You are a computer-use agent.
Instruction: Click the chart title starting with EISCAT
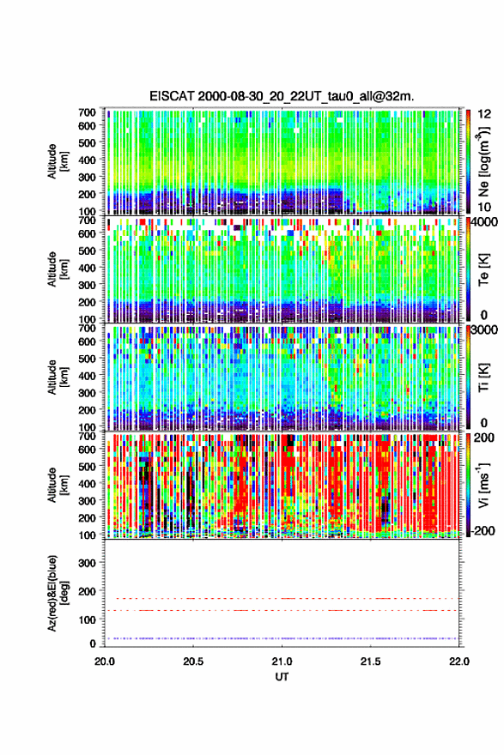[x=282, y=96]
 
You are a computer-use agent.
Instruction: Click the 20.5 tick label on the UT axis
[x=193, y=661]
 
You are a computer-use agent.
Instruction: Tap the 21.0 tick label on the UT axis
[x=282, y=661]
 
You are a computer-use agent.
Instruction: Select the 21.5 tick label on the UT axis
[x=371, y=661]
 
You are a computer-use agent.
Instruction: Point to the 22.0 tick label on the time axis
[x=458, y=661]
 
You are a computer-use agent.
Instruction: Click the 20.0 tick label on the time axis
[x=105, y=661]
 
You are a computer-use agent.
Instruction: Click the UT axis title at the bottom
[x=282, y=677]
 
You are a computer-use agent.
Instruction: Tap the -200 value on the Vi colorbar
[x=483, y=530]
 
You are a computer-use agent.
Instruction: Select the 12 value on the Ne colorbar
[x=484, y=114]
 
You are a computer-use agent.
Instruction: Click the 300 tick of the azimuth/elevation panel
[x=88, y=563]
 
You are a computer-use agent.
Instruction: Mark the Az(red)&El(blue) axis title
[x=57, y=593]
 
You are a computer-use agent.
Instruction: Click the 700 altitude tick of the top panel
[x=88, y=112]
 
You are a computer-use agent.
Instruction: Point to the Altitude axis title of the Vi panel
[x=57, y=485]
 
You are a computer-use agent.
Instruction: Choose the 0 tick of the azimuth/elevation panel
[x=93, y=643]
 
